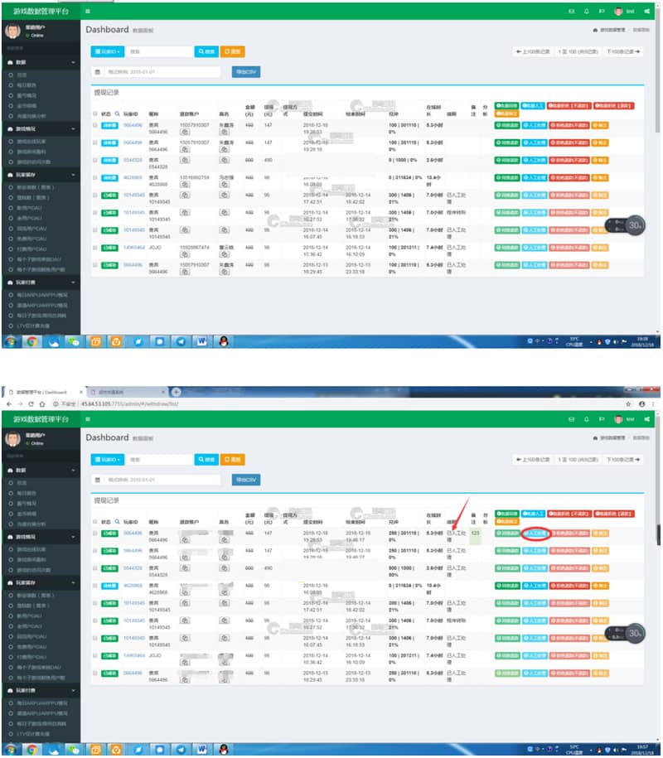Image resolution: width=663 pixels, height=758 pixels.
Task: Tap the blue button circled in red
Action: point(535,533)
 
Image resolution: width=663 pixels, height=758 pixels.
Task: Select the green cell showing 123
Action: point(475,533)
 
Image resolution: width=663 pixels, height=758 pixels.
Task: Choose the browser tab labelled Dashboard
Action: point(43,392)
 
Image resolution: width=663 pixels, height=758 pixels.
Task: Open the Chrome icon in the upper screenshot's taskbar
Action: point(31,341)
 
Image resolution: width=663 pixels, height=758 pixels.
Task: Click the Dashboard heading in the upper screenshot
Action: point(107,29)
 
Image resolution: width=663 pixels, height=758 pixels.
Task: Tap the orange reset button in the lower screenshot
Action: point(233,459)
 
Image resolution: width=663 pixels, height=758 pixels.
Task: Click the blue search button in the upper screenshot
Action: point(206,51)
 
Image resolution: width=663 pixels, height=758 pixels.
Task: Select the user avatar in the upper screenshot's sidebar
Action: point(12,32)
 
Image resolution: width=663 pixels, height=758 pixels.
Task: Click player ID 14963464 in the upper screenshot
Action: point(134,247)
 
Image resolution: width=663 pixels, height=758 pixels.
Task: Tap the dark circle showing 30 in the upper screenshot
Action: point(635,225)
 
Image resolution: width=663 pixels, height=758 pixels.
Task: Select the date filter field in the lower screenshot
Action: point(162,480)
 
